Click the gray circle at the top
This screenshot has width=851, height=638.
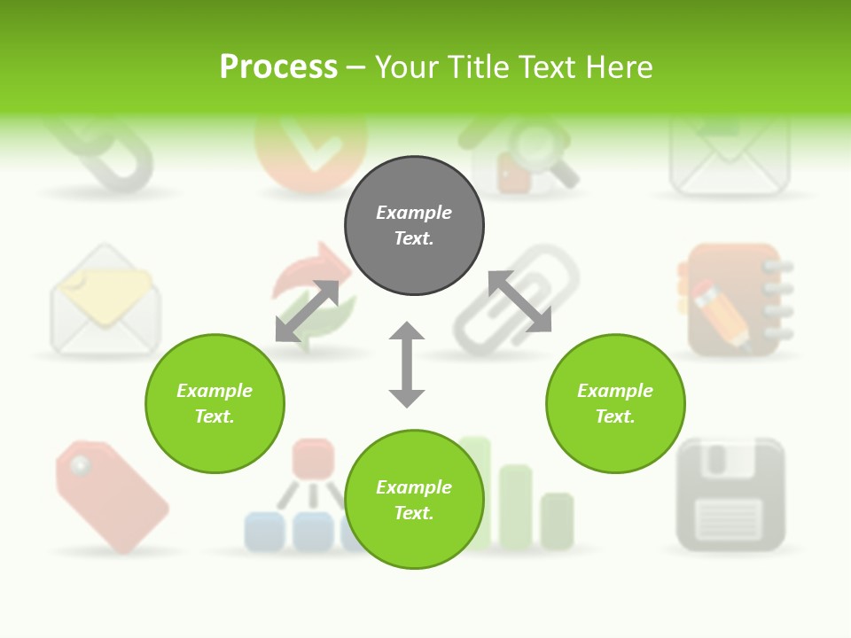point(414,226)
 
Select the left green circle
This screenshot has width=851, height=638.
point(215,403)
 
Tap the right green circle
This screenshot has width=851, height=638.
point(615,403)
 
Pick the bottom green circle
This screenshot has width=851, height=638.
point(414,500)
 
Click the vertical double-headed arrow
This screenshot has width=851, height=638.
point(407,364)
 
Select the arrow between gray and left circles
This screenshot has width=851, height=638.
point(307,311)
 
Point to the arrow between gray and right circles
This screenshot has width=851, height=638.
point(519,301)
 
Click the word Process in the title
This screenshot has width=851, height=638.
point(278,66)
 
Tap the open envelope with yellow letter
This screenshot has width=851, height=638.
point(105,301)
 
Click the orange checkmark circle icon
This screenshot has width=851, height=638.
point(309,151)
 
